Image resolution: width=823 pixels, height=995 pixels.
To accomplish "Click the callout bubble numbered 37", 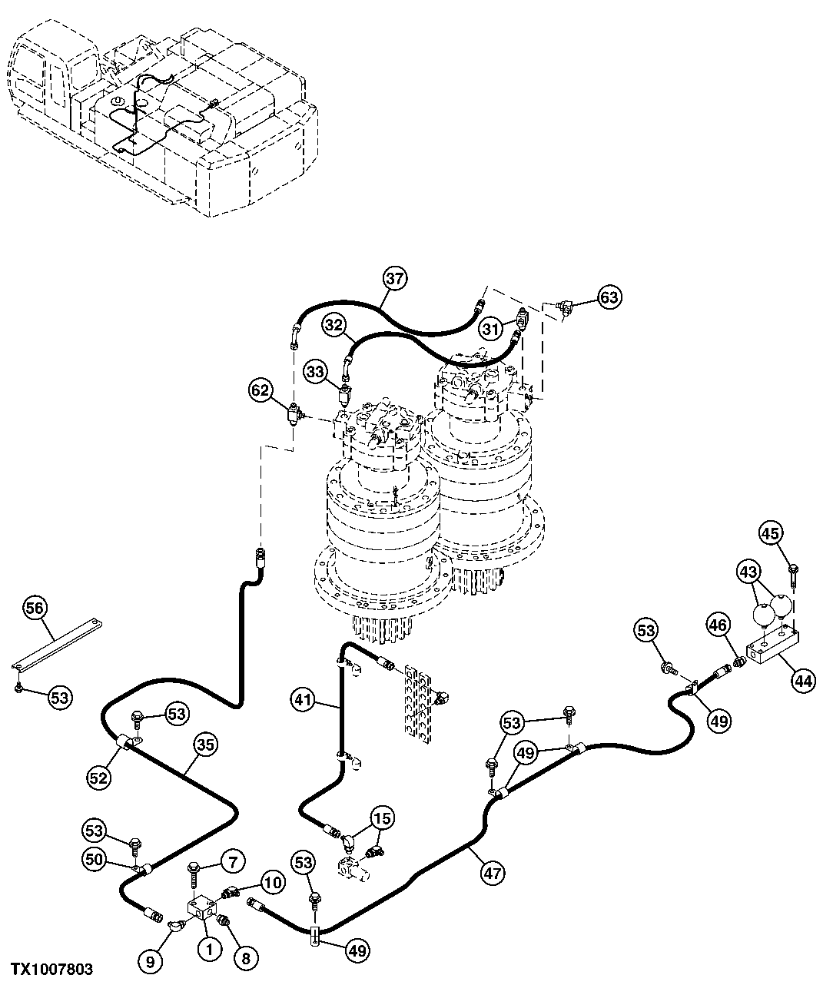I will [394, 279].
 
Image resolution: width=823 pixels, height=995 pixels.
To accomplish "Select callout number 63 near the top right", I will [609, 297].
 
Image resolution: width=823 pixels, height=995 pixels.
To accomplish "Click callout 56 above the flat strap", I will [35, 609].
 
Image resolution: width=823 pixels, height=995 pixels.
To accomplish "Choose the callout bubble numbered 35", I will [205, 744].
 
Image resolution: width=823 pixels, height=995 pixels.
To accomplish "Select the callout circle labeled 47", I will [493, 872].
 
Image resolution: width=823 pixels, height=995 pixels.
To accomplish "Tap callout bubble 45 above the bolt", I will [772, 532].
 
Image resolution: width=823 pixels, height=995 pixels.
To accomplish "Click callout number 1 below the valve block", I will [207, 949].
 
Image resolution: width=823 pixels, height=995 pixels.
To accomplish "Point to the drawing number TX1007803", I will [51, 970].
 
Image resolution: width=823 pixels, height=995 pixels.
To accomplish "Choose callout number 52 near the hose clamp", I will [98, 777].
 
